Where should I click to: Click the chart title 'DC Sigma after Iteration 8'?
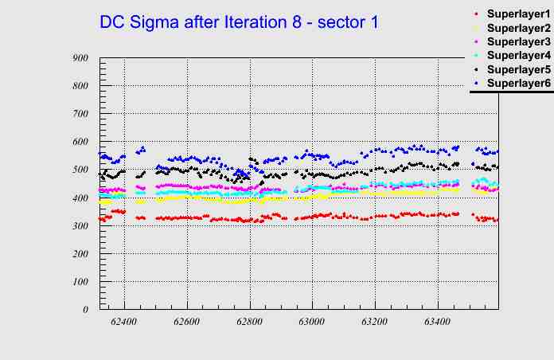(239, 22)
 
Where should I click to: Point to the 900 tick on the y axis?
(80, 57)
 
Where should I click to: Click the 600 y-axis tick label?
(80, 142)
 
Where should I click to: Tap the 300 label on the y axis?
(80, 225)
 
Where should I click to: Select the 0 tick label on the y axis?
(85, 310)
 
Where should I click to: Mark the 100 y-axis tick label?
(80, 282)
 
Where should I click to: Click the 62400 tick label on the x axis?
(124, 322)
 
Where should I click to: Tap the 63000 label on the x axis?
(311, 322)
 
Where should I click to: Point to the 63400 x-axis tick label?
(437, 322)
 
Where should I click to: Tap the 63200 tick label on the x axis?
(374, 322)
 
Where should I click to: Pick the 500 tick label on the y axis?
(80, 170)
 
